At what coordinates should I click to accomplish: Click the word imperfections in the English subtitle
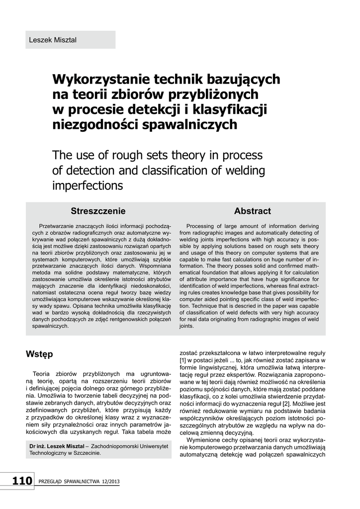pos(88,186)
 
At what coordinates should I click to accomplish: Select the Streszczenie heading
pos(98,211)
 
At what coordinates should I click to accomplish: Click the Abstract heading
pos(252,211)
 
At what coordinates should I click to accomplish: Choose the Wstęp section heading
pos(39,354)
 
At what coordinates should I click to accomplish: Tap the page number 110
pos(22,481)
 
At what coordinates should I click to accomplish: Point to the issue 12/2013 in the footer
pos(110,482)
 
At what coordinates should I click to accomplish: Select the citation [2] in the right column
pos(279,404)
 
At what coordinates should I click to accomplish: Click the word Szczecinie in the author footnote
pos(86,453)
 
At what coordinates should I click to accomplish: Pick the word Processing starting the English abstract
pos(202,225)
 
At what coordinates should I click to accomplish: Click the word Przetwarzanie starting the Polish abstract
pos(59,225)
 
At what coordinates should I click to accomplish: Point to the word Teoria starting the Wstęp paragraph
pos(42,373)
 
